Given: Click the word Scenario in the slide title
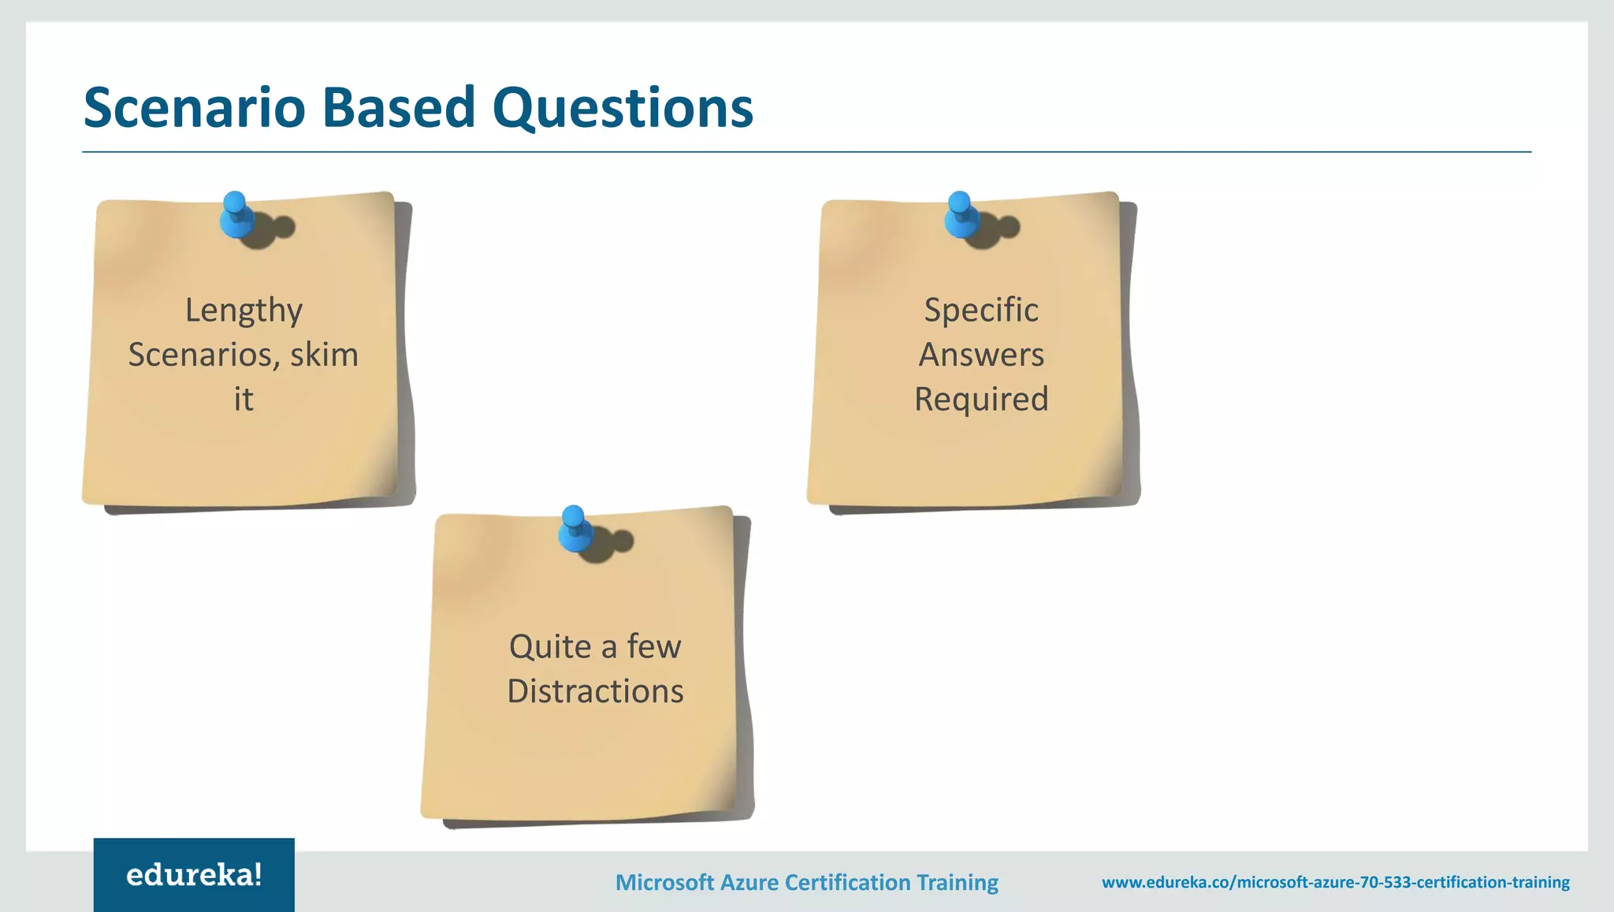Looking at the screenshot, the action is coord(195,107).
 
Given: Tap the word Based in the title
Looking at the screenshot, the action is coord(399,107).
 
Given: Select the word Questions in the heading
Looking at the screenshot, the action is coord(623,109).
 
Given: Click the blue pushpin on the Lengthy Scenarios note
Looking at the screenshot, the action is coord(237,214).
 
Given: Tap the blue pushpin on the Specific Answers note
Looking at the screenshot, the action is coord(961,214).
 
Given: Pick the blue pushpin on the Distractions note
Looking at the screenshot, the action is coord(575,528).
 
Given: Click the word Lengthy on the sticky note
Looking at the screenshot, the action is coord(244,311).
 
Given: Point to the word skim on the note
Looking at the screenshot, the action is coord(324,355).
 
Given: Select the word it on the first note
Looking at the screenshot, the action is coord(244,399).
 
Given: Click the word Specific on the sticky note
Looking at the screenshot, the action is coord(981,311).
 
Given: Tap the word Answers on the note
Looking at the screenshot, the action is coord(981,355).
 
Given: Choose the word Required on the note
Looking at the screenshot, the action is coord(981,400).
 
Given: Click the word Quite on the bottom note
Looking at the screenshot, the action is coord(550,647).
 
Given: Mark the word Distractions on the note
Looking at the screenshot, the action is coord(595,691).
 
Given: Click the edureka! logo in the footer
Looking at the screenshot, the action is coord(194,875).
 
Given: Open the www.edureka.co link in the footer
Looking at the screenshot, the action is coord(1335,882).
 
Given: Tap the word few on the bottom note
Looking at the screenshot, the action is coord(654,647).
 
